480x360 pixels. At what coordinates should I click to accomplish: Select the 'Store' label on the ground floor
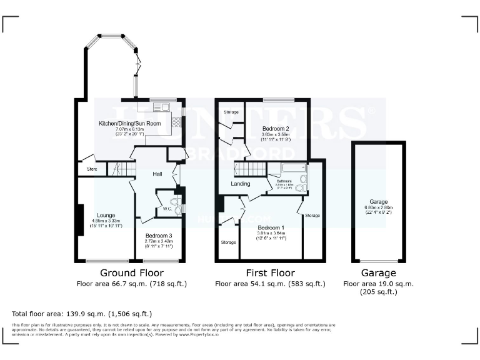click(92, 169)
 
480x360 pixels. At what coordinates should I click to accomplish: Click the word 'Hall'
click(157, 173)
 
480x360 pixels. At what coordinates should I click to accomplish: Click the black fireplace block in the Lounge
click(79, 220)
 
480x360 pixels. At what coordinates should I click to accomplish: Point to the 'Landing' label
click(240, 184)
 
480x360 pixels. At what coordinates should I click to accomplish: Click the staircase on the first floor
click(251, 169)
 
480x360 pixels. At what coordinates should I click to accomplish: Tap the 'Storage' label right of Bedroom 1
click(312, 216)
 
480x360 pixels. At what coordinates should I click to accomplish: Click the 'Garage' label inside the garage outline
click(378, 202)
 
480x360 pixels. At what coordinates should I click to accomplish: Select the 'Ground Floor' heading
click(132, 273)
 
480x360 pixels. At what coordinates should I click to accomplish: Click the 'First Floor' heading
click(270, 273)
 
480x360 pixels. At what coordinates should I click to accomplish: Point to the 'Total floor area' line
click(82, 313)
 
